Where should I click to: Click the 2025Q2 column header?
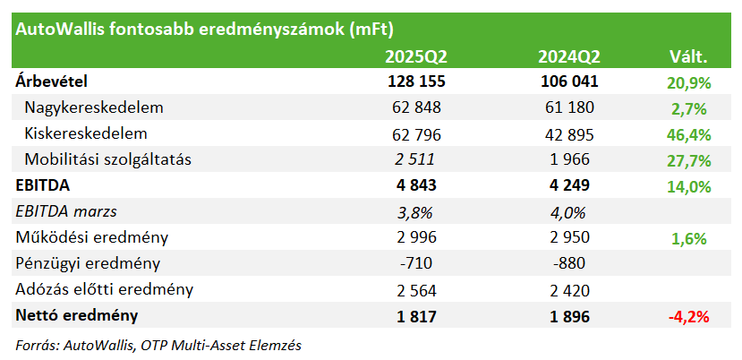click(416, 57)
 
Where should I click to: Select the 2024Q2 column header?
click(568, 57)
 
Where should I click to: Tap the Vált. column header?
click(688, 57)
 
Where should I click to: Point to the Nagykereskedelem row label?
click(94, 107)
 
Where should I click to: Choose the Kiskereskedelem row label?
click(86, 133)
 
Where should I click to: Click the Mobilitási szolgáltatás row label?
click(108, 159)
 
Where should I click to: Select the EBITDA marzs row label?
click(66, 211)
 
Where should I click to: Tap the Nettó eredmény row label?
click(77, 315)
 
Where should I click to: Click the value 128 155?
click(416, 81)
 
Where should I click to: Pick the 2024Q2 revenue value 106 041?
click(568, 81)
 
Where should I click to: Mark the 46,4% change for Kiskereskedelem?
click(689, 135)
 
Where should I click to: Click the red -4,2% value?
click(688, 317)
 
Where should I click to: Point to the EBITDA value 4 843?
click(416, 185)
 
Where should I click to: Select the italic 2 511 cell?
click(415, 159)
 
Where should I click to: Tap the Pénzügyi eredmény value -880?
click(568, 263)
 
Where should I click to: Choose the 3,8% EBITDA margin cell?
click(415, 212)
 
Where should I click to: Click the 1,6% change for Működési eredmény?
click(689, 239)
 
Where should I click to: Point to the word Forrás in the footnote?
click(36, 346)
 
